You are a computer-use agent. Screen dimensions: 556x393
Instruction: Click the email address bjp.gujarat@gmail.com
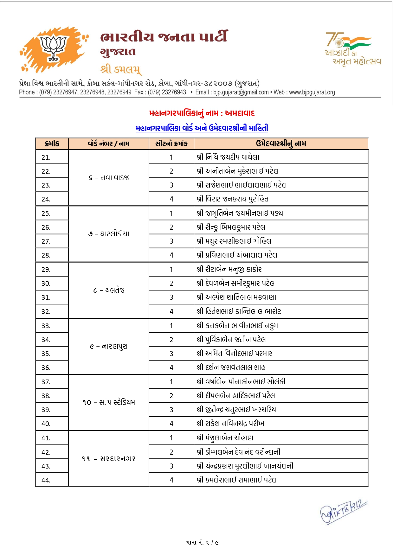coord(241,92)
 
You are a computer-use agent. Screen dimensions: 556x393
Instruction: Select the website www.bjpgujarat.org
coord(312,92)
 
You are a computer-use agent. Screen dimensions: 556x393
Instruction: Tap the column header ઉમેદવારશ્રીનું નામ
coord(281,144)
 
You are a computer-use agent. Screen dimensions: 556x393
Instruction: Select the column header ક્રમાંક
coord(52,144)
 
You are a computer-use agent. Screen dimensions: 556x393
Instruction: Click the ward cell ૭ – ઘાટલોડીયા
coord(109,234)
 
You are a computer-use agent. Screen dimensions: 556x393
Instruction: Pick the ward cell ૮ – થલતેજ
coord(109,290)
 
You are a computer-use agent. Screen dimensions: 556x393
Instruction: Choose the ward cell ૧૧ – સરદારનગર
coord(109,459)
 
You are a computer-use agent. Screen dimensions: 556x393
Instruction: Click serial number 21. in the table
coord(46,157)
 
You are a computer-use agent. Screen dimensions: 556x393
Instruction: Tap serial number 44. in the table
coord(46,480)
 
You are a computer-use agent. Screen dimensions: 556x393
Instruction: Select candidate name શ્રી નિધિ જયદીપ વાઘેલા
coord(228,157)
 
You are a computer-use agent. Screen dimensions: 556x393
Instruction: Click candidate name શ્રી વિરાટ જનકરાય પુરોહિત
coord(232,199)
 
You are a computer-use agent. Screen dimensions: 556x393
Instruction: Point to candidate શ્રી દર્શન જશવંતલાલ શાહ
coord(231,367)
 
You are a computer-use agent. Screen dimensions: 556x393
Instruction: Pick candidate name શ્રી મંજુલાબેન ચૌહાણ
coord(225,438)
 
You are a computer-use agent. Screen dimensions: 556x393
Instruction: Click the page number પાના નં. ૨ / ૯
coord(203,543)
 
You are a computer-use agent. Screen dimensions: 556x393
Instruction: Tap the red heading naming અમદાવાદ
coord(202,113)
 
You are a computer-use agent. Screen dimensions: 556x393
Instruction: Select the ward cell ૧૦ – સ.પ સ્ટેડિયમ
coord(109,403)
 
